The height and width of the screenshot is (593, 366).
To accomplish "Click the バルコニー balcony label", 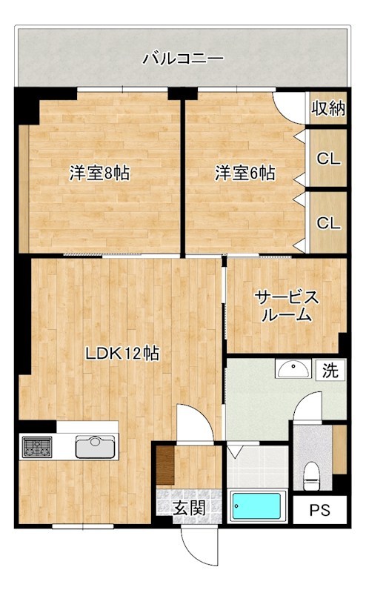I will click(x=182, y=58).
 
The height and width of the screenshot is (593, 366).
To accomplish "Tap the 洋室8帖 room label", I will click(x=100, y=173).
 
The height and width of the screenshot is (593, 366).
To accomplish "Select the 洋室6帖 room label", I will click(x=245, y=173).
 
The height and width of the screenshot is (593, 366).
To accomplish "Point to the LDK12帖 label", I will click(x=122, y=354).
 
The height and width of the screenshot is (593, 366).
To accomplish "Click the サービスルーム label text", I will click(x=287, y=306).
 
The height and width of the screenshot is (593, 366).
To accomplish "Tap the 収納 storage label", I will click(x=328, y=109).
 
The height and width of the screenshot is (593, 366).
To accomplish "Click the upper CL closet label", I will click(x=328, y=159).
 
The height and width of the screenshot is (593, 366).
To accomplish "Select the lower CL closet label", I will click(x=328, y=222).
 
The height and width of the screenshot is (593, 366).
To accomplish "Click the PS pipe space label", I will click(x=319, y=510).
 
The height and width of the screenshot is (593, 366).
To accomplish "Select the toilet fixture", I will click(x=312, y=473).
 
